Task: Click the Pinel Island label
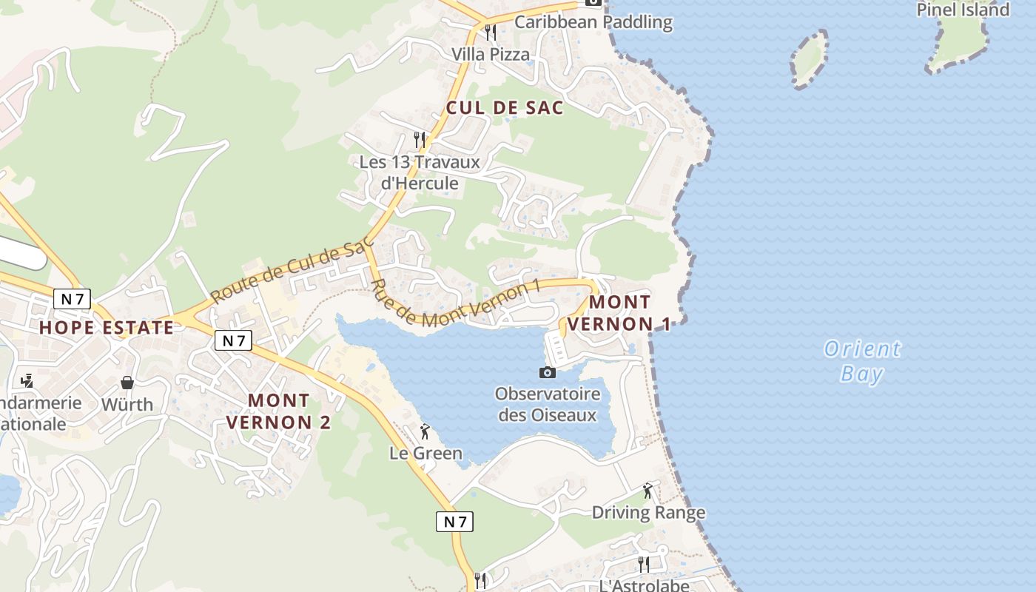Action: tap(963, 10)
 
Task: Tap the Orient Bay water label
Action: tap(862, 361)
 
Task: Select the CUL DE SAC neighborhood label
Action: tap(505, 108)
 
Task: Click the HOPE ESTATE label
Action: tap(107, 328)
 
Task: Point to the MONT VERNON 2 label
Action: tap(278, 411)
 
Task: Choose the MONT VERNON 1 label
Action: tap(619, 313)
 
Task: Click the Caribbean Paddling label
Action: tap(593, 22)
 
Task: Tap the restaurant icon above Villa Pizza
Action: tap(490, 33)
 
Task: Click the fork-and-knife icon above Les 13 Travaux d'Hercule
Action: tap(420, 139)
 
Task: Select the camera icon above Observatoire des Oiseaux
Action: tap(548, 372)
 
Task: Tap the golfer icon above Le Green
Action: tap(425, 431)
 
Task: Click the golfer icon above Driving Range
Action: tap(648, 490)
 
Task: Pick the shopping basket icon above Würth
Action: tap(127, 383)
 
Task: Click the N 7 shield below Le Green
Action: tap(454, 522)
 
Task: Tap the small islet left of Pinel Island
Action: tap(809, 59)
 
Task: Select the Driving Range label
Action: tap(648, 512)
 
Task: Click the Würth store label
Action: tap(127, 405)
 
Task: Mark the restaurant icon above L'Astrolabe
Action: tap(644, 564)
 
